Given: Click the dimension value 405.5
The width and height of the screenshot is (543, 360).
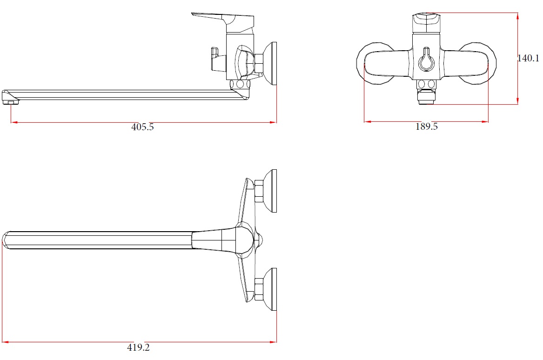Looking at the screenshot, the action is [x=142, y=127].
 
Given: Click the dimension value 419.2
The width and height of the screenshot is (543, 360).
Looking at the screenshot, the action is [x=139, y=347].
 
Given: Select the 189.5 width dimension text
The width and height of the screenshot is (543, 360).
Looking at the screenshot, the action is [x=427, y=127].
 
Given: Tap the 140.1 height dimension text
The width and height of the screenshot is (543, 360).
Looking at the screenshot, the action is [x=528, y=58].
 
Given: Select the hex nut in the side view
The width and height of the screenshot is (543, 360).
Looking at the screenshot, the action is [x=259, y=63].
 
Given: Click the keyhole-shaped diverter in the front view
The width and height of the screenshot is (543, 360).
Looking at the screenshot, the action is [x=426, y=60].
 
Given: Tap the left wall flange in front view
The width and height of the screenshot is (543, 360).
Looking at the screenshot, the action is [x=376, y=63].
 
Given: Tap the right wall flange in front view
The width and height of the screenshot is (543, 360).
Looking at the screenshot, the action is [x=477, y=63].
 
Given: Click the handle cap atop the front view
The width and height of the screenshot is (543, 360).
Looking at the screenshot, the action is [x=426, y=22].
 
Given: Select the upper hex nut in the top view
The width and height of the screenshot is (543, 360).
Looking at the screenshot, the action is [x=259, y=191].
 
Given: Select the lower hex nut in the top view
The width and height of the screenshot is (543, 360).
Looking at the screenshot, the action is [x=259, y=289].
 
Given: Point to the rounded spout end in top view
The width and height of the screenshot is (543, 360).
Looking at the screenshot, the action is [x=6, y=240].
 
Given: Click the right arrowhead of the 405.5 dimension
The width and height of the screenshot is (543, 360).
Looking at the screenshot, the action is [x=273, y=122].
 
